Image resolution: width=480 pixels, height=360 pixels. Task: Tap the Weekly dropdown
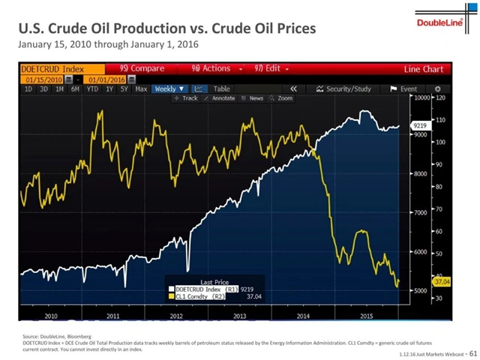[x=166, y=88]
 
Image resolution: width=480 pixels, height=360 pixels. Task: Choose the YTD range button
[x=92, y=88]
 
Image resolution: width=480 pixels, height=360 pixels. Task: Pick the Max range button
[x=141, y=88]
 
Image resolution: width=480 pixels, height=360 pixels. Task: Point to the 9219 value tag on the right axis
[x=420, y=126]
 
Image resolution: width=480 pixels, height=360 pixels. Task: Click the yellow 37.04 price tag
[x=440, y=280]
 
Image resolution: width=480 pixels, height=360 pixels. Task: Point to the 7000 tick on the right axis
[x=420, y=213]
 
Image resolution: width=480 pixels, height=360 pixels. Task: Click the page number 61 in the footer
[x=472, y=352]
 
